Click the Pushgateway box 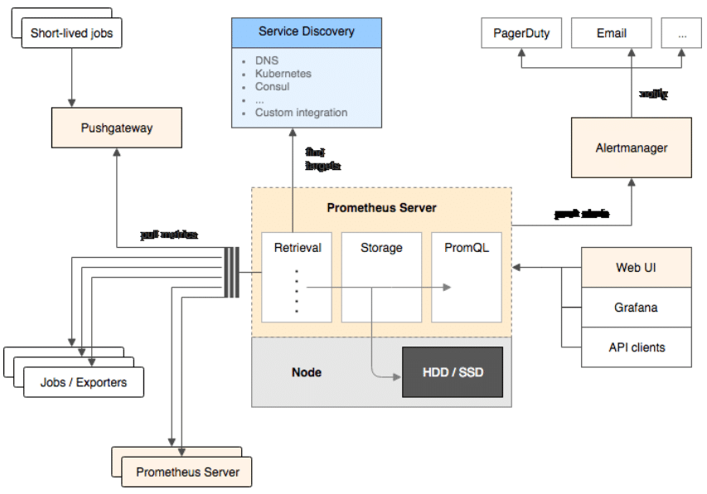117,128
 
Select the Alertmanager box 631,148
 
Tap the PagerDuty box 521,34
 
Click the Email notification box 611,34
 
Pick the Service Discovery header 306,32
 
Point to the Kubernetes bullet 283,74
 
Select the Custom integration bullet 301,113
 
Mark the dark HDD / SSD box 452,372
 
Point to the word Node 307,372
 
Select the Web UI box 637,268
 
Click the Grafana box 637,308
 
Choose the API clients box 637,347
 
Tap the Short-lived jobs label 70,34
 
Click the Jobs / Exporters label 84,383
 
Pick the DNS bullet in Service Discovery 266,61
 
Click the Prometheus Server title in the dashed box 381,208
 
